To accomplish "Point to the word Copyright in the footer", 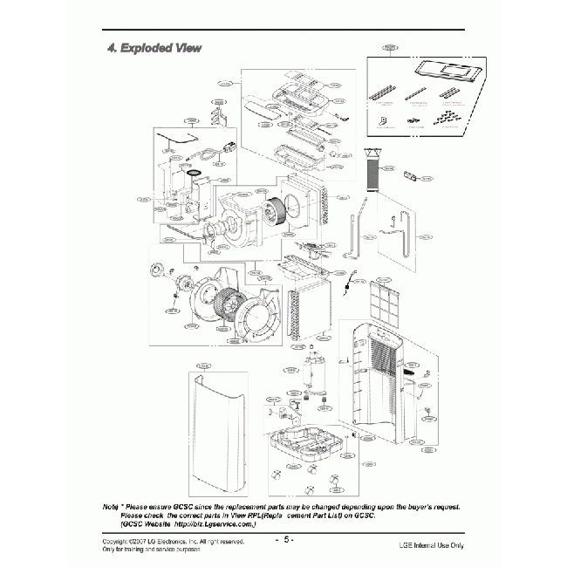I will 119,542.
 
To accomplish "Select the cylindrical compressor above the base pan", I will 313,370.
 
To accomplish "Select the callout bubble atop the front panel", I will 203,364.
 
